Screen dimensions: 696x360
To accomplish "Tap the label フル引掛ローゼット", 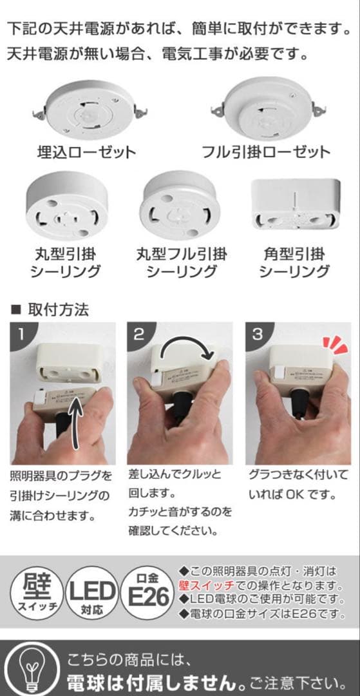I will (x=266, y=152).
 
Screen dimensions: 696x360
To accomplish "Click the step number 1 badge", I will (x=21, y=334).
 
